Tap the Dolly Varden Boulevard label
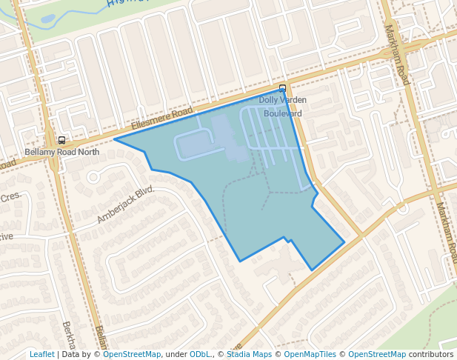[282, 107]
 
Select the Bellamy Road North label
[61, 152]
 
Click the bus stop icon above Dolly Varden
[282, 88]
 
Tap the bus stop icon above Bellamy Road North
[61, 140]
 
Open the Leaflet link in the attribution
[42, 354]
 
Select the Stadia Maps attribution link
[249, 354]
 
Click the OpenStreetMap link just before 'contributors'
[377, 354]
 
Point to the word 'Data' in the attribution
[70, 354]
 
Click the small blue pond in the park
[47, 19]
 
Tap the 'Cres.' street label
[10, 198]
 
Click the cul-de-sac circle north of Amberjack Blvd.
[93, 177]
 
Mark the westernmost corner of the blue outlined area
[114, 139]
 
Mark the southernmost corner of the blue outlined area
[312, 270]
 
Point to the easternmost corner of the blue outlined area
[344, 241]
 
